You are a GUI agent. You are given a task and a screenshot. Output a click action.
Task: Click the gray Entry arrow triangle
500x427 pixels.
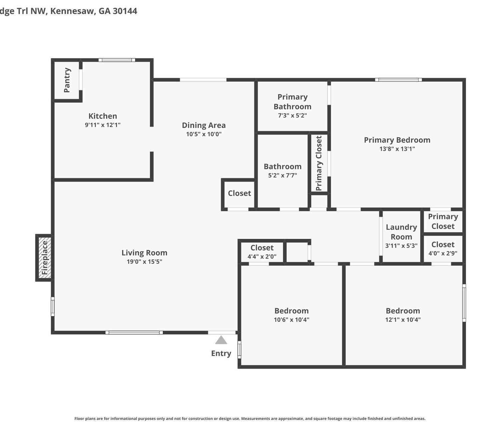tap(221, 340)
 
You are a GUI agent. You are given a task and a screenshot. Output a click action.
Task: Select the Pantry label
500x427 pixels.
tap(67, 80)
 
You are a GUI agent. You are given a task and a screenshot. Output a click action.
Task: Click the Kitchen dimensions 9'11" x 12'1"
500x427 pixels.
tap(103, 125)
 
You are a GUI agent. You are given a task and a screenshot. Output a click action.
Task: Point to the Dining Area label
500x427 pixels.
tap(204, 125)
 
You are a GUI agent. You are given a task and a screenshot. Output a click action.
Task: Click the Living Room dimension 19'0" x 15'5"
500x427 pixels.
tap(144, 262)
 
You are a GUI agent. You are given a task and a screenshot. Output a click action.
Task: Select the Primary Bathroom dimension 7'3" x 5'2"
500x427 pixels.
tap(292, 115)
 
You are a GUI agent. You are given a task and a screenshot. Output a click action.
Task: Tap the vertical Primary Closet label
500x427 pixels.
tap(319, 163)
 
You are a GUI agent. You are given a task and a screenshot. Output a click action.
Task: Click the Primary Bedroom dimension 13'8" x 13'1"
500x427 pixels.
tap(397, 149)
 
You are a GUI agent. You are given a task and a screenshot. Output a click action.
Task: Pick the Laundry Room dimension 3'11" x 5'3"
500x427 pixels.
tap(401, 246)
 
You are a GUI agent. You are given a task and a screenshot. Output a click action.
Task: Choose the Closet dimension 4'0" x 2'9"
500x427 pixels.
tap(443, 253)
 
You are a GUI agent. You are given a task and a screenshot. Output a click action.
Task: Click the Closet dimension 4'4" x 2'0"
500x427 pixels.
tap(262, 256)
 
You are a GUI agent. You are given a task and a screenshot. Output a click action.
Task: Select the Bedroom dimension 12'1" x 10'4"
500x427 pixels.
tap(403, 320)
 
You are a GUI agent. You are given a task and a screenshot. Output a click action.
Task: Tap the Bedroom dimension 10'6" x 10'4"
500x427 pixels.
tap(291, 320)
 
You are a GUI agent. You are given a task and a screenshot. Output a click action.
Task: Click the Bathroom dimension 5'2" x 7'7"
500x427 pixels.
tap(283, 175)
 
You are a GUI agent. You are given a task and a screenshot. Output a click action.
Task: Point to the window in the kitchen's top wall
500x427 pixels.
tap(117, 60)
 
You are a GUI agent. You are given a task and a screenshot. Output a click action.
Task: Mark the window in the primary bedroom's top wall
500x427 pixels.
tap(398, 80)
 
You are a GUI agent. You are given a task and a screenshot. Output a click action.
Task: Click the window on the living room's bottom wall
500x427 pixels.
tap(134, 333)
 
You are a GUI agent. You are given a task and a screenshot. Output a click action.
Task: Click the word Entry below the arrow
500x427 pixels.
tap(221, 354)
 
